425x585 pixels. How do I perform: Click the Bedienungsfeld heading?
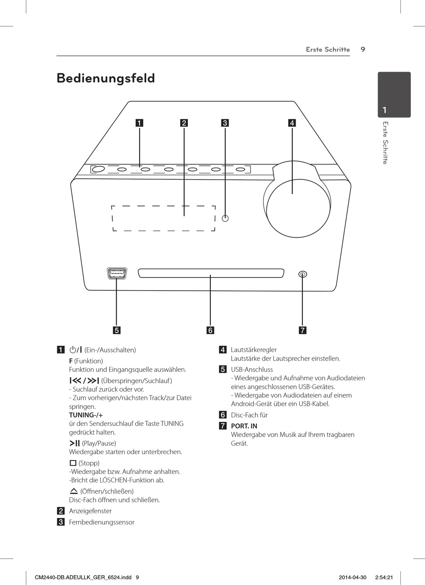[106, 78]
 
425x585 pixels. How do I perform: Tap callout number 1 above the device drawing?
[140, 123]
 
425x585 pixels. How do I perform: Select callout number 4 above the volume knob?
[292, 123]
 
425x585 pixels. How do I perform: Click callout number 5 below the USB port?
[116, 331]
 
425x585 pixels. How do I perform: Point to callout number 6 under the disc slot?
[210, 331]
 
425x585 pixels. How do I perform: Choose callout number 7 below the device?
[302, 331]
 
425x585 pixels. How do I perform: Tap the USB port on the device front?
[116, 273]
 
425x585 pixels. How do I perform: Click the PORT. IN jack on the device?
[303, 274]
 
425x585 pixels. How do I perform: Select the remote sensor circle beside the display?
[225, 218]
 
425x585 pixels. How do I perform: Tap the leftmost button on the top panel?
[98, 169]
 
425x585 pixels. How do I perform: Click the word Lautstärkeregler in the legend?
[254, 350]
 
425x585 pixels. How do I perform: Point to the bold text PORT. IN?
[244, 426]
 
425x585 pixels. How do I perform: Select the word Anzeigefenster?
[90, 511]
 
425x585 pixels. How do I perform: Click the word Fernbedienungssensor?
[102, 522]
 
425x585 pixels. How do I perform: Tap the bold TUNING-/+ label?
[86, 415]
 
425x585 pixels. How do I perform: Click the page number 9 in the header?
[363, 49]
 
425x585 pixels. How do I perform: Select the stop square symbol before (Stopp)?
[73, 463]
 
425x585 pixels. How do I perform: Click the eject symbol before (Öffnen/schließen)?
[74, 491]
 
